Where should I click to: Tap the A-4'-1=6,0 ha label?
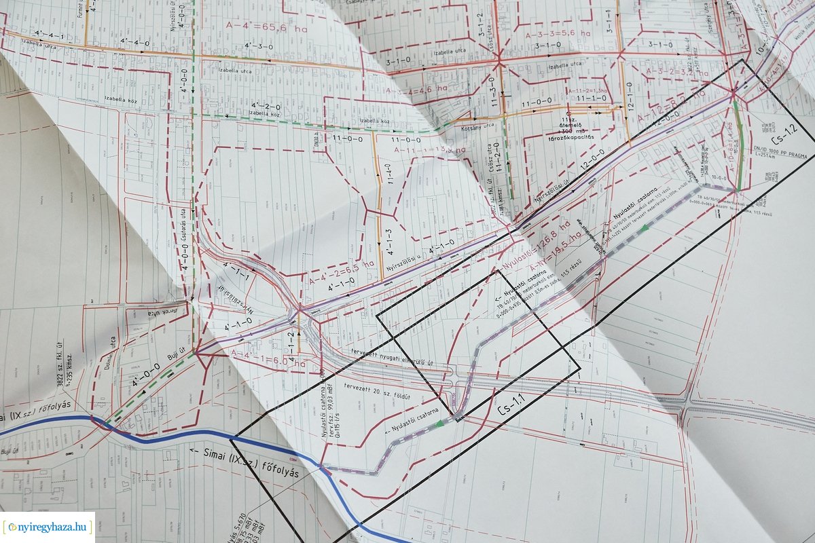[268, 357]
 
